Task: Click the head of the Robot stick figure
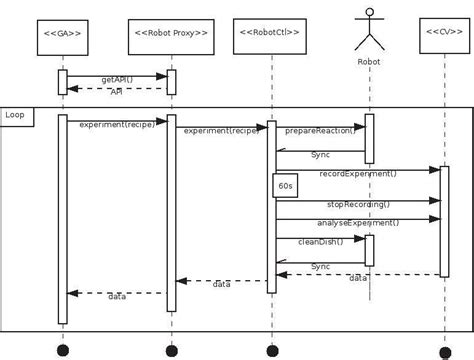tap(369, 15)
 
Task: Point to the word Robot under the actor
tap(369, 62)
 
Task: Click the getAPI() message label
tap(117, 79)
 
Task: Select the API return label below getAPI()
tap(117, 92)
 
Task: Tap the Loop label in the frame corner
tap(16, 116)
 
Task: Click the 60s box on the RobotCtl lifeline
tap(285, 186)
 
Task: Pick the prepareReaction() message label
tap(317, 131)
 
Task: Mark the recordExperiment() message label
tap(357, 174)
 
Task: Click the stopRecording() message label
tap(357, 204)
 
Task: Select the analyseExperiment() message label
tap(357, 223)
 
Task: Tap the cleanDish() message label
tap(320, 242)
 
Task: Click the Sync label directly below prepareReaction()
tap(320, 155)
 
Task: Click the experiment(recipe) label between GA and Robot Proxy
tap(117, 125)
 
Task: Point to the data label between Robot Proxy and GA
tap(117, 297)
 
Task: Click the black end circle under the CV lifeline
tap(445, 352)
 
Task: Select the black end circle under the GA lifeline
tap(62, 351)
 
